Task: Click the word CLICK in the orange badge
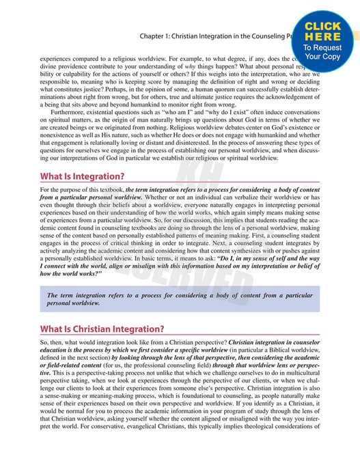coord(324,27)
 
